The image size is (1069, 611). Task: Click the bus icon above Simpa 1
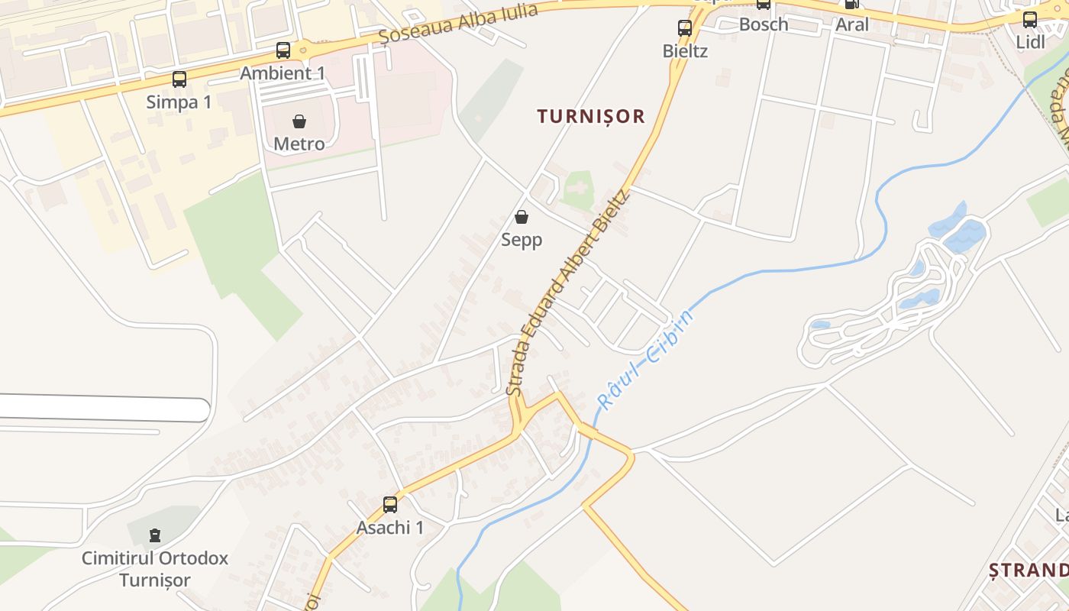(x=179, y=79)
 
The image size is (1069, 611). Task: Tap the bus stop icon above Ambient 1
(x=283, y=50)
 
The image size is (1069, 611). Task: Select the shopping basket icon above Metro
(x=299, y=121)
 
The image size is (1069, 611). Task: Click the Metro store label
(x=299, y=144)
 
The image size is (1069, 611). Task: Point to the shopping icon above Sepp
(x=522, y=218)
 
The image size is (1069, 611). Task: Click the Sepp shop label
(x=522, y=240)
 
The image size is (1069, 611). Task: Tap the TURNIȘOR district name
(x=591, y=116)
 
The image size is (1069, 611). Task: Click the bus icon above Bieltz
(x=685, y=28)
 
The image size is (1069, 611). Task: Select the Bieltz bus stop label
(x=685, y=51)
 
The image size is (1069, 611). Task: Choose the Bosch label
(x=764, y=24)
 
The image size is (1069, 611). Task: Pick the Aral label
(x=852, y=24)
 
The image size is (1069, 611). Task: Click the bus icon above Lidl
(x=1030, y=20)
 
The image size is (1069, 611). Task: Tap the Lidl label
(x=1030, y=42)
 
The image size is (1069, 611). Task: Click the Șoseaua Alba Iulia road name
(x=458, y=23)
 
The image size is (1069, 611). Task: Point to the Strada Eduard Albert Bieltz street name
(x=569, y=293)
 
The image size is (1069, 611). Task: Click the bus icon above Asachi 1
(x=390, y=505)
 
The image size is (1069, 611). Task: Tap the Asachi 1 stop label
(x=390, y=527)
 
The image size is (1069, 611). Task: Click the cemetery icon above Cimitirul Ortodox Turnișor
(x=155, y=535)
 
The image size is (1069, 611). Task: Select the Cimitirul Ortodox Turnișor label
(x=155, y=569)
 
